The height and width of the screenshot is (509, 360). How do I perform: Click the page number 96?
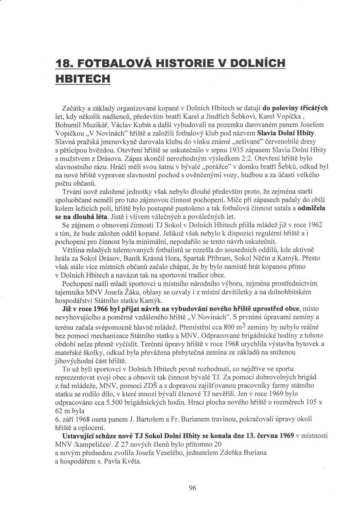click(x=193, y=488)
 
